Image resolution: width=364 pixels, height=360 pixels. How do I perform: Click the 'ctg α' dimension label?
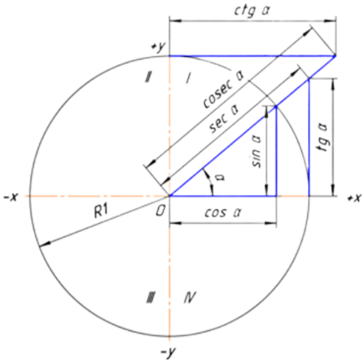point(252,11)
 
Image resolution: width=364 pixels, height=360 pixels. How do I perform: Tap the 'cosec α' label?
point(223,90)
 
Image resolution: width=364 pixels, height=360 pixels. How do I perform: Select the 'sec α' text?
point(223,119)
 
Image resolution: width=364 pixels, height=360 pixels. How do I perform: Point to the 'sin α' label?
point(257,151)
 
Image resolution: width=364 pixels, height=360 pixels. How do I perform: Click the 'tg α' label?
point(323,138)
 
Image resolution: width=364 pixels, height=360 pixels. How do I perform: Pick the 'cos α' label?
point(223,212)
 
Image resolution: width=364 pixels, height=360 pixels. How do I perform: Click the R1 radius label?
point(101,211)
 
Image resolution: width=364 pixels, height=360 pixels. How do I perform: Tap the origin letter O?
point(160,211)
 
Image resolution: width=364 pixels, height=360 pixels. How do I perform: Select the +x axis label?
point(355,198)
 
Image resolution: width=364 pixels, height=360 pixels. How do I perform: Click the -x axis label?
point(11,197)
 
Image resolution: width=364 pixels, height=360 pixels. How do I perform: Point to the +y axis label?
point(158,47)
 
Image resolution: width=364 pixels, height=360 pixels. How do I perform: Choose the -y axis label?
point(168,352)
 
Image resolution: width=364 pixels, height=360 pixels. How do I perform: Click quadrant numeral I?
point(188,78)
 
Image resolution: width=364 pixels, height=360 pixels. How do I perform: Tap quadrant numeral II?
point(148,77)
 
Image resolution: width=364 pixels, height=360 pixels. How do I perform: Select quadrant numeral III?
point(151,297)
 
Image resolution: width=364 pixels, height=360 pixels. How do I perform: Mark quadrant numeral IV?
point(190,297)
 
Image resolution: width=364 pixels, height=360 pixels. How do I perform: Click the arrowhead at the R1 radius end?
point(44,244)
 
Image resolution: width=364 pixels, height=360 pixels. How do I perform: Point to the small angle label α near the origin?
point(221,177)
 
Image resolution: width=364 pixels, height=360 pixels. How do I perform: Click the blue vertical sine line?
point(276,151)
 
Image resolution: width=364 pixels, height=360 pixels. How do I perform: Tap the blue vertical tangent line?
point(309,137)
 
